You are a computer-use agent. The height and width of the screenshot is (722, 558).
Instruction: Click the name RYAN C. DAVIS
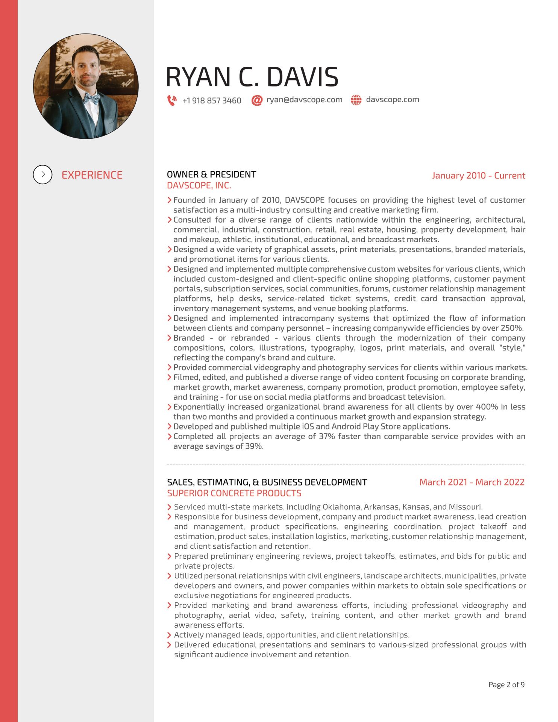click(252, 77)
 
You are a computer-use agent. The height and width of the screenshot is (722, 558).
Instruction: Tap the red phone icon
click(172, 100)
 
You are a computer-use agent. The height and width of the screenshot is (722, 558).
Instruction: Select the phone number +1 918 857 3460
click(212, 101)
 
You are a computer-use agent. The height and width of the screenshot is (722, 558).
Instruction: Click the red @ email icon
click(257, 100)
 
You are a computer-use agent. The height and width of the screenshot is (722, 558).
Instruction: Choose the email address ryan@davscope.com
click(304, 100)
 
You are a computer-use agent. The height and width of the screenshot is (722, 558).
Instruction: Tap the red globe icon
click(356, 100)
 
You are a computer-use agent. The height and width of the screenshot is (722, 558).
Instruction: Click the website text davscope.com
click(392, 100)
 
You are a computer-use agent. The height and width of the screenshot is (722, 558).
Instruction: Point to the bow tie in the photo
click(91, 99)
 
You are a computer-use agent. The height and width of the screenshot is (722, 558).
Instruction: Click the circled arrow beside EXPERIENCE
click(42, 175)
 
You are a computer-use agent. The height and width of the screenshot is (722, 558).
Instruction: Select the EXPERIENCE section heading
click(92, 175)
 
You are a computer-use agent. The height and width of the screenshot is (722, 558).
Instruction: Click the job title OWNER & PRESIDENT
click(211, 174)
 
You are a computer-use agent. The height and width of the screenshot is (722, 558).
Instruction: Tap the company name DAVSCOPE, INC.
click(199, 185)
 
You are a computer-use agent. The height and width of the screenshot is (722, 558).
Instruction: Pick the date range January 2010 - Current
click(478, 176)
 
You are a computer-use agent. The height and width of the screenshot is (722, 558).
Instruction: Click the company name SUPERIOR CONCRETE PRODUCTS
click(234, 493)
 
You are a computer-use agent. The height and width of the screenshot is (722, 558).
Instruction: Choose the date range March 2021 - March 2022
click(472, 482)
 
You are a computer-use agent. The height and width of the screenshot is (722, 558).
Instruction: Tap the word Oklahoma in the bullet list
click(341, 507)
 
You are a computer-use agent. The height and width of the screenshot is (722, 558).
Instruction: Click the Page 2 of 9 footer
click(506, 685)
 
